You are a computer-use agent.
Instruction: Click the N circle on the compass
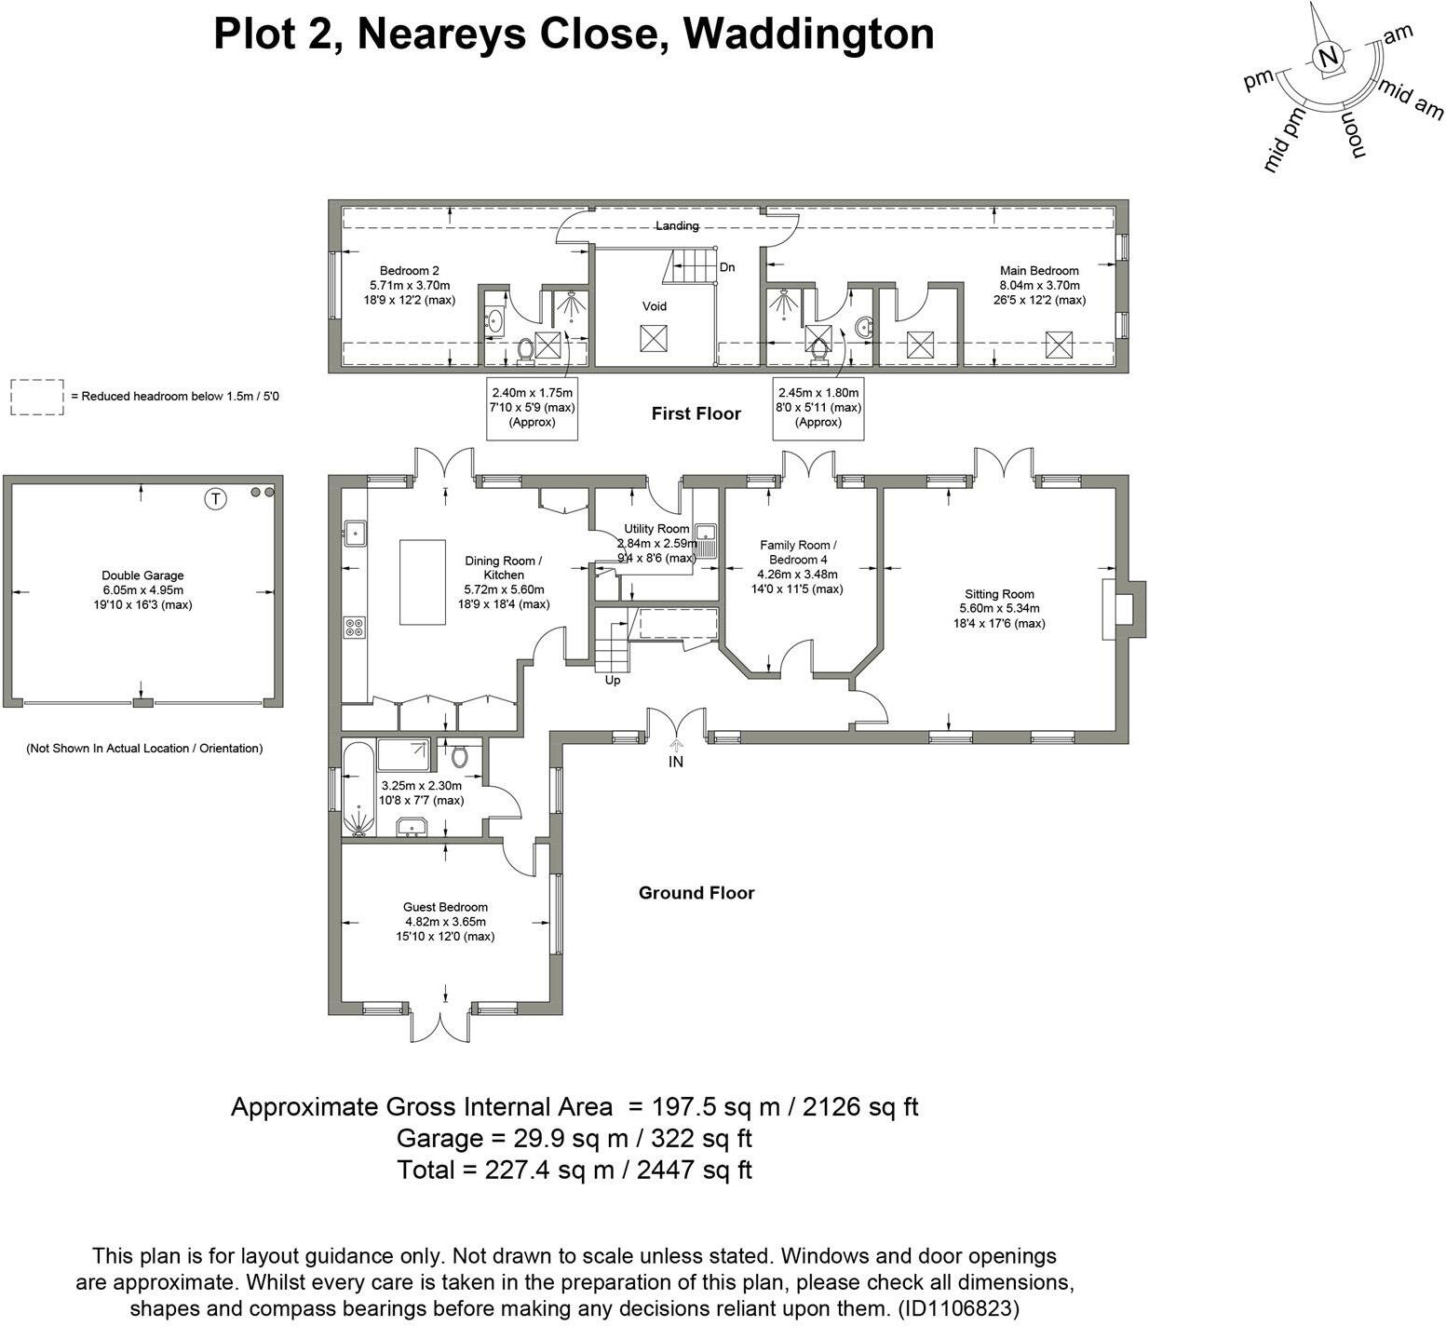click(x=1329, y=58)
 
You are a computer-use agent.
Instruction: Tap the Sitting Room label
click(x=999, y=594)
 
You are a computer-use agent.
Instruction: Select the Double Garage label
click(x=142, y=575)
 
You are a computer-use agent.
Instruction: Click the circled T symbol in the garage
click(x=216, y=499)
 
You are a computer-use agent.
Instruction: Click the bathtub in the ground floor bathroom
click(x=358, y=788)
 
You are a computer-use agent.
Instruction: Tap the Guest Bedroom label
click(x=445, y=907)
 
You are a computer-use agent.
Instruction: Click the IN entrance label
click(x=676, y=762)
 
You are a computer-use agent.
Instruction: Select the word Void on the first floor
click(x=655, y=306)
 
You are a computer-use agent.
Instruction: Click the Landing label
click(x=677, y=225)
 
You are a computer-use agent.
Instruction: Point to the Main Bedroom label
click(x=1039, y=271)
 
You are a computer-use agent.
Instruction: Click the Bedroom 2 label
click(x=409, y=271)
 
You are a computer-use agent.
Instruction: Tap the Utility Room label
click(x=656, y=529)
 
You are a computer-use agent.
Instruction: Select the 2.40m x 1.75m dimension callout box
click(x=533, y=407)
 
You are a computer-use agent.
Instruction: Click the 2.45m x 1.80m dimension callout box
click(x=818, y=407)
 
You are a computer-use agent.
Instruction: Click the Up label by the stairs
click(x=613, y=680)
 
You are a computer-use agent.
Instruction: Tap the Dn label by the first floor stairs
click(x=727, y=267)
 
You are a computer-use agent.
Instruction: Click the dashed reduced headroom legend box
click(x=37, y=397)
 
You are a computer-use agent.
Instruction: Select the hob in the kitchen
click(x=355, y=628)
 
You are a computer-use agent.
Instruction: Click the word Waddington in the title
click(x=808, y=34)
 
